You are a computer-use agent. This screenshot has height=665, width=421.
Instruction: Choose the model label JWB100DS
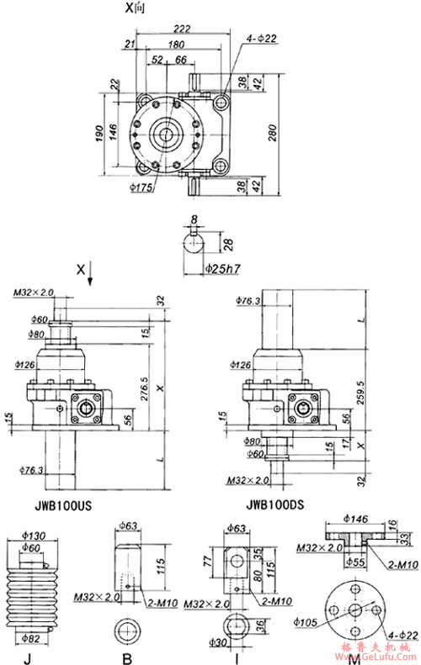276,508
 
